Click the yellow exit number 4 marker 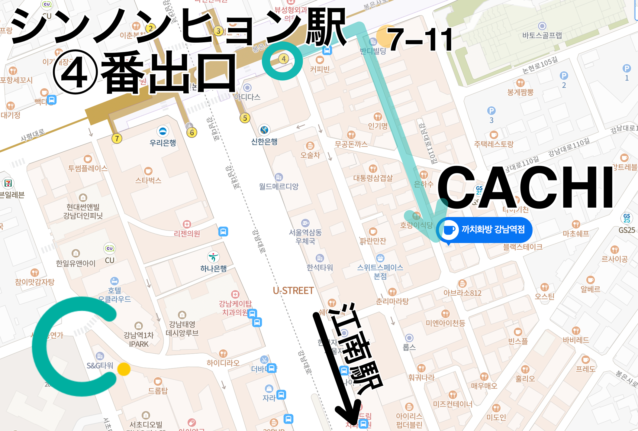click(x=283, y=59)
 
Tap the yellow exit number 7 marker click(x=117, y=138)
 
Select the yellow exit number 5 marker click(x=245, y=118)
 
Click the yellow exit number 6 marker click(x=192, y=132)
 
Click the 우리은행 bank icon click(x=163, y=131)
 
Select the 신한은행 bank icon click(x=264, y=130)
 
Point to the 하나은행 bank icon click(x=213, y=257)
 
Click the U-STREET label click(x=293, y=291)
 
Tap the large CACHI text click(x=526, y=187)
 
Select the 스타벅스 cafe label click(x=148, y=180)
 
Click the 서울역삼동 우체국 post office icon click(x=305, y=223)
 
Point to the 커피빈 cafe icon click(x=320, y=60)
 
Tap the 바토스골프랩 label click(x=542, y=35)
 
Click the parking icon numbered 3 click(x=491, y=111)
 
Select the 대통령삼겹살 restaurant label click(x=373, y=178)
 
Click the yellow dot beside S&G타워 click(x=124, y=369)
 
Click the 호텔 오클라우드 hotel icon click(x=114, y=281)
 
